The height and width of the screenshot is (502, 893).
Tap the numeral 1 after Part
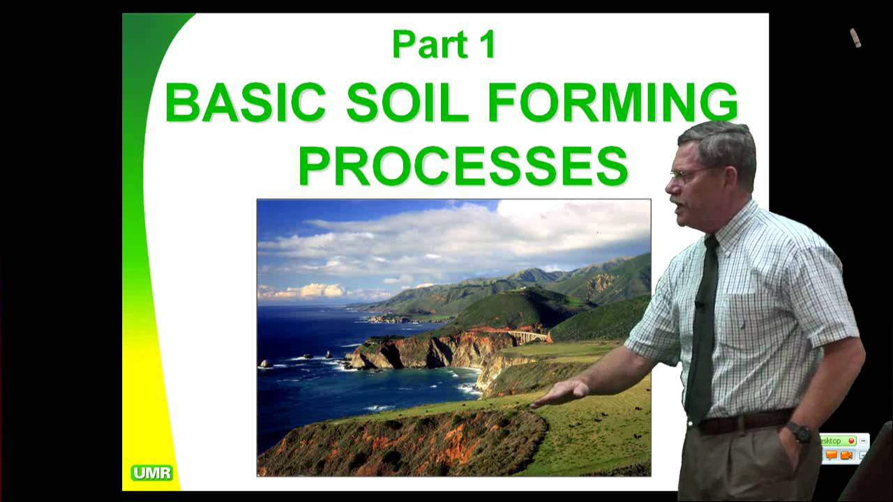486,45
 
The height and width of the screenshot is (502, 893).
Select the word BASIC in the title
246,102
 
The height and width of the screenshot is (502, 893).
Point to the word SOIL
407,102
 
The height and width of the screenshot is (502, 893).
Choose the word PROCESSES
463,166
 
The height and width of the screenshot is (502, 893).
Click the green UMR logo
151,473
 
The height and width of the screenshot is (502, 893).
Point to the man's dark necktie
703,328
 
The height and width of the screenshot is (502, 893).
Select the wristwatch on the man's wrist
800,432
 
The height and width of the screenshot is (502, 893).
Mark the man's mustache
676,201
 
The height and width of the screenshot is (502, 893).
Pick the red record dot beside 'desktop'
851,441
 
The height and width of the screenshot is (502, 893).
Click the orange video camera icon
847,455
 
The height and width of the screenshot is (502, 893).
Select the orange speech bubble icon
831,455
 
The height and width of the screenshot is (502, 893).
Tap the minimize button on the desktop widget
863,441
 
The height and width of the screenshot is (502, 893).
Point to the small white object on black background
855,38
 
